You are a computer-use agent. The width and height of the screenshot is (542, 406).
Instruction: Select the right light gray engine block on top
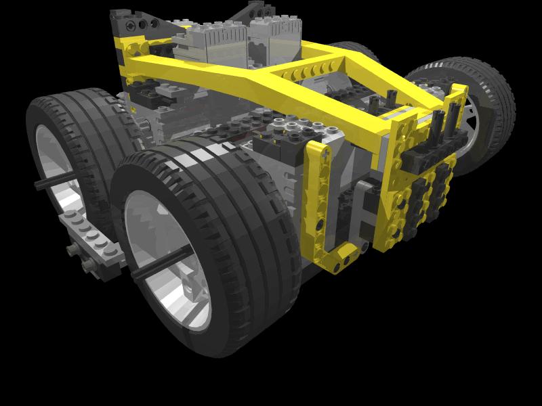coord(274,34)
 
